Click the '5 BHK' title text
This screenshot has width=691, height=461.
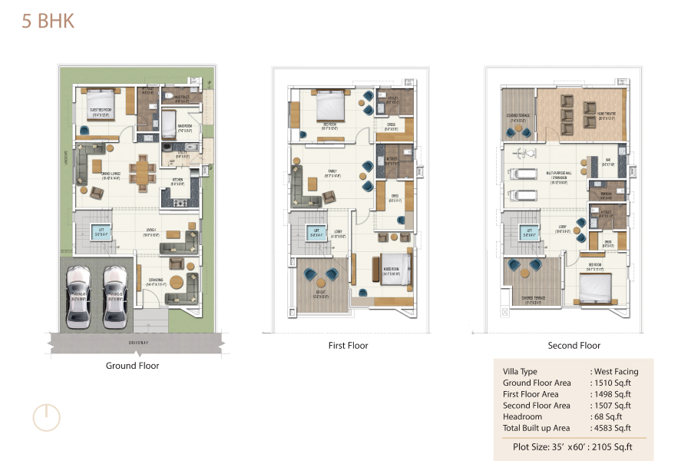tap(48, 21)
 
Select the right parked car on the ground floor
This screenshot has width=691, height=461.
tap(115, 296)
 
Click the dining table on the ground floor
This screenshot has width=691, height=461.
tap(141, 171)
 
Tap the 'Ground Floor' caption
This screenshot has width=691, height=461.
tap(132, 366)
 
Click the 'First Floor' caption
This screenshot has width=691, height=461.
tap(348, 346)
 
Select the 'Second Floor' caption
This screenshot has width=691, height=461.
tap(574, 346)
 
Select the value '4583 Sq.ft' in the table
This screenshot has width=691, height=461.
tap(612, 428)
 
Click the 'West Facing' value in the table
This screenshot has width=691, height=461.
tap(616, 371)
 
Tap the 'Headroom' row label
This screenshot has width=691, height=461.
tap(522, 416)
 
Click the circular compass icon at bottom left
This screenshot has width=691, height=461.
tap(46, 416)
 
